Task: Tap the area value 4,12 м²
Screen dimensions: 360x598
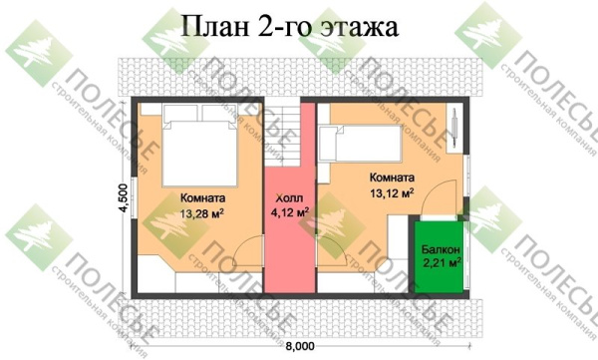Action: point(288,211)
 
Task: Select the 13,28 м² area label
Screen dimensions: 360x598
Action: point(201,212)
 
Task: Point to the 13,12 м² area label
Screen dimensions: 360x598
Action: point(392,193)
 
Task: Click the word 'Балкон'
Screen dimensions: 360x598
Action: point(440,248)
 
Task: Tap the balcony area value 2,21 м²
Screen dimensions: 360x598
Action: point(440,263)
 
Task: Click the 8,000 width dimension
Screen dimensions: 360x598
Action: point(298,344)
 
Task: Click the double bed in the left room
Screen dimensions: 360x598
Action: point(199,140)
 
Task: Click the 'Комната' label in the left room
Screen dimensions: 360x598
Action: point(202,197)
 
